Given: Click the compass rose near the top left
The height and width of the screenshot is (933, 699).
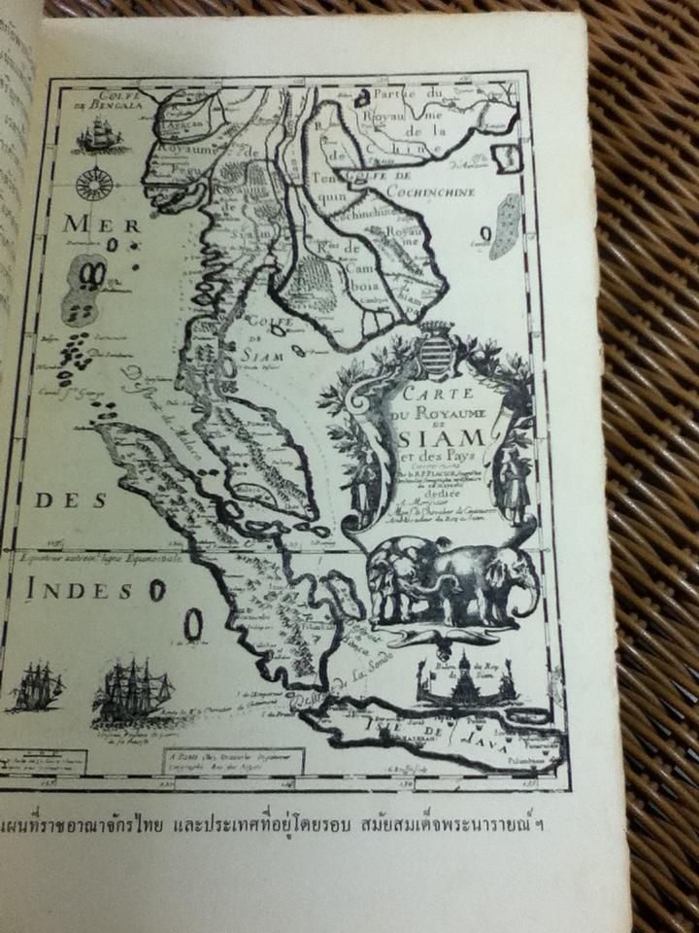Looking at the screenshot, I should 95,183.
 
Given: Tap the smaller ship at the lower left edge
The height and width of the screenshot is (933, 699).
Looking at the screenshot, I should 38,689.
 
